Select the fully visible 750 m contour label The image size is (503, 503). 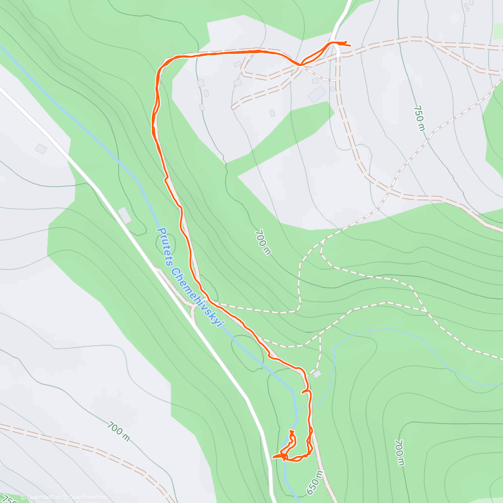pyautogui.click(x=419, y=118)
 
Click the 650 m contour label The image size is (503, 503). pyautogui.click(x=315, y=483)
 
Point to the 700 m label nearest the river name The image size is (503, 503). pyautogui.click(x=263, y=242)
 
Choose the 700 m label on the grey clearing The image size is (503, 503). pyautogui.click(x=118, y=432)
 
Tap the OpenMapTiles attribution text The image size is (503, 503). pyautogui.click(x=44, y=498)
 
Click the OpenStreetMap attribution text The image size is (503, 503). pyautogui.click(x=88, y=498)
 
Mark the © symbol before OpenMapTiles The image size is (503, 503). pyautogui.click(x=23, y=498)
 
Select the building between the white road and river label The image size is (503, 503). pyautogui.click(x=124, y=215)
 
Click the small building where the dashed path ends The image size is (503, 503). pyautogui.click(x=317, y=374)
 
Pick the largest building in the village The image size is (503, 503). pyautogui.click(x=317, y=93)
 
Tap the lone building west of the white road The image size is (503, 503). pyautogui.click(x=41, y=148)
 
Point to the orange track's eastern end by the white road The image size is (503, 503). pyautogui.click(x=349, y=45)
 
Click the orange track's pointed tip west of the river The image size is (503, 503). pyautogui.click(x=273, y=457)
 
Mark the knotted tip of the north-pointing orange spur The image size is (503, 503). pyautogui.click(x=291, y=432)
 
